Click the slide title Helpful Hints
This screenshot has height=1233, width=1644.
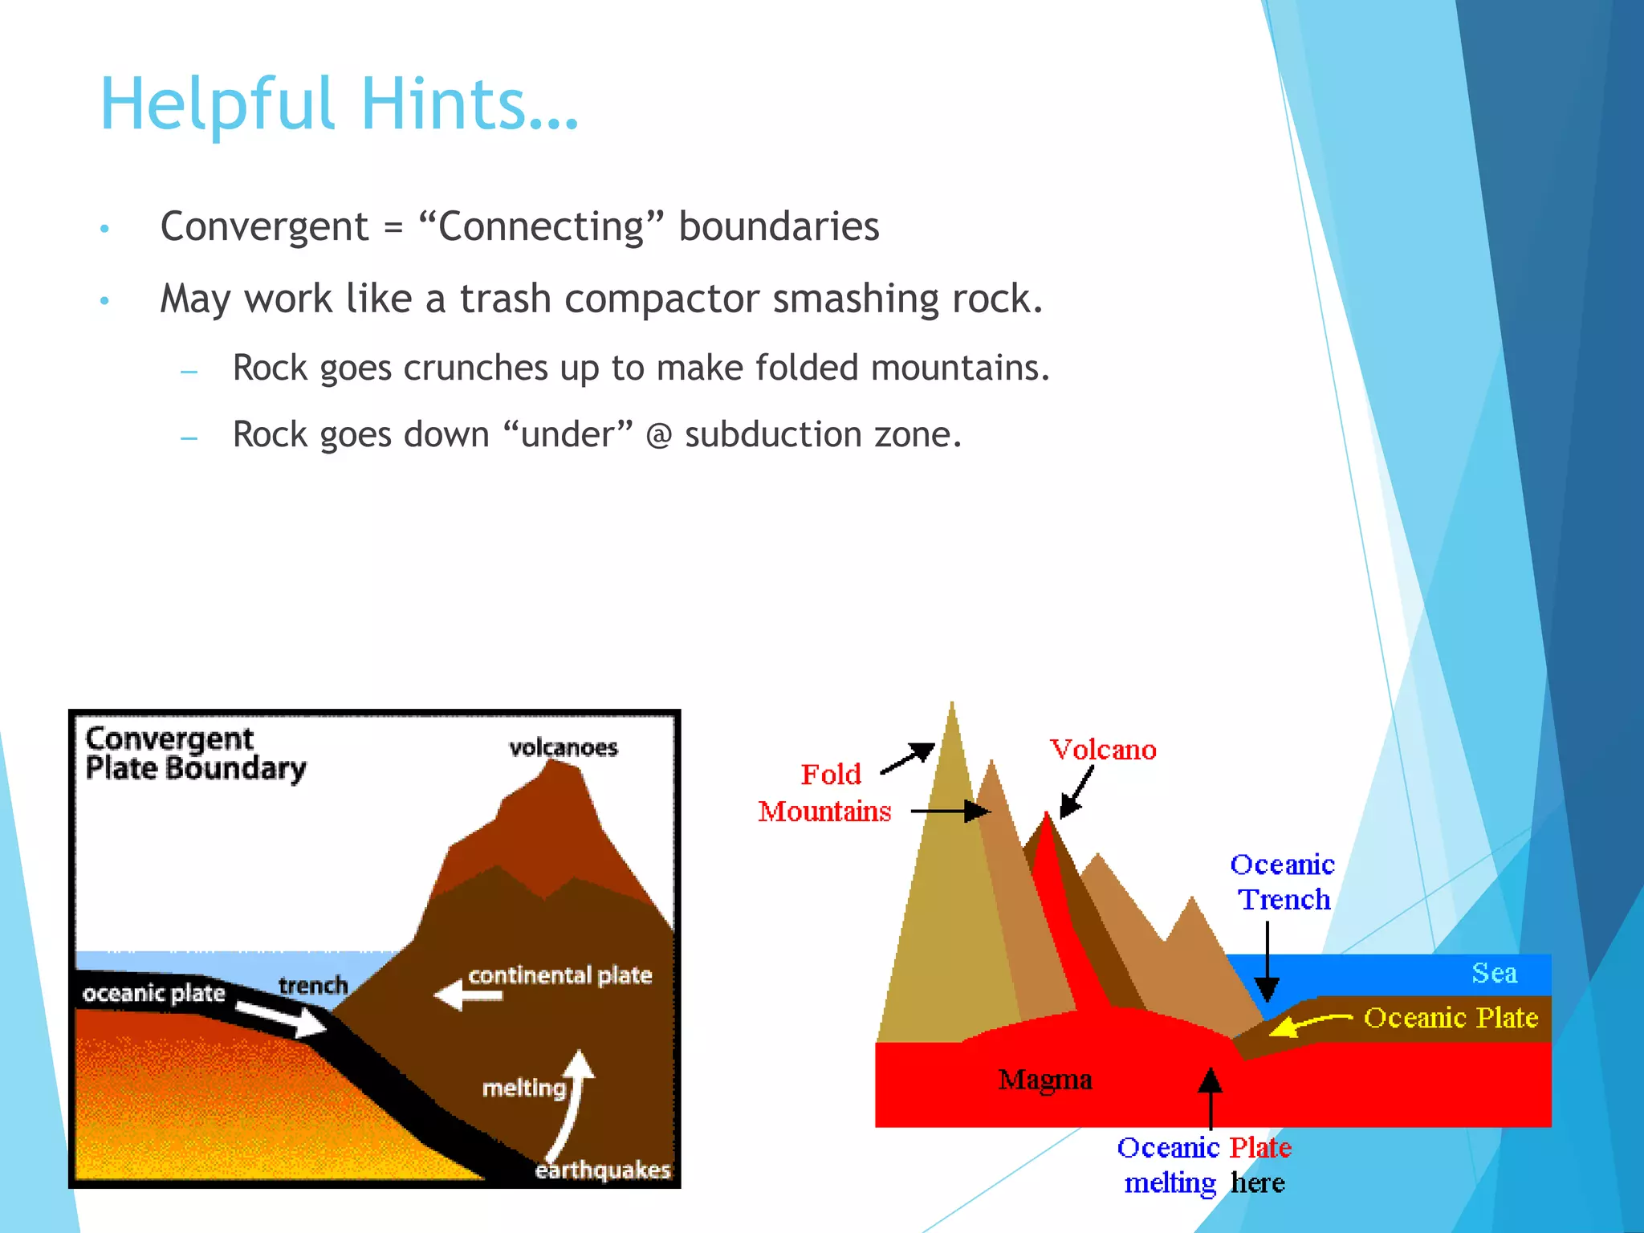coord(339,104)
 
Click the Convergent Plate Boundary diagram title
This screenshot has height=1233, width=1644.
coord(195,754)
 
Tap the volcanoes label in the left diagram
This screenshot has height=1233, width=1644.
coord(564,748)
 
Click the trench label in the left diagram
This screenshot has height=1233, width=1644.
coord(313,986)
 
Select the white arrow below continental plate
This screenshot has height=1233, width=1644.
coord(469,996)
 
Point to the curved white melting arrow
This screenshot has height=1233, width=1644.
coord(572,1108)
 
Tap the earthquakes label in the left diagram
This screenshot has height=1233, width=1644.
coord(602,1170)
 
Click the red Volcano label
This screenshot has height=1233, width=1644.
coord(1104,750)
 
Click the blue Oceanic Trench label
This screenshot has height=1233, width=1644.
coord(1283,882)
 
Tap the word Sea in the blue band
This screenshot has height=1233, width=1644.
coord(1494,974)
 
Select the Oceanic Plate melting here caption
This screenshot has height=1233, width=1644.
coord(1204,1166)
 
